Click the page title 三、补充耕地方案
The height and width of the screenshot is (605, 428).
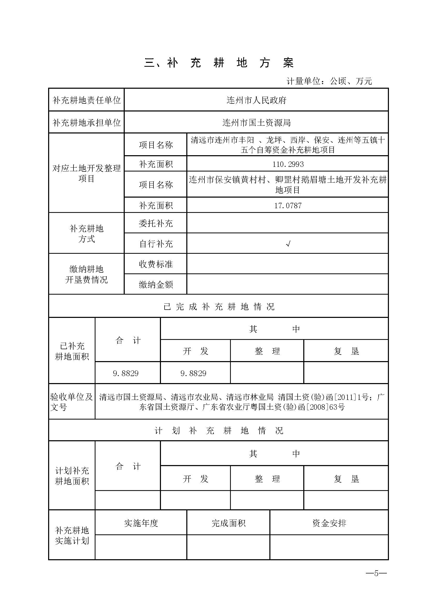tap(219, 63)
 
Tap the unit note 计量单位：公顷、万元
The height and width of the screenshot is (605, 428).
tap(329, 81)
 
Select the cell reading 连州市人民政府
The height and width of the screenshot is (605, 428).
tap(256, 100)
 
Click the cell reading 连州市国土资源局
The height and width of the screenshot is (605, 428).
tap(256, 123)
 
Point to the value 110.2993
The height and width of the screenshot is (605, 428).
tap(288, 164)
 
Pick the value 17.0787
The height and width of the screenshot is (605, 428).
tap(288, 205)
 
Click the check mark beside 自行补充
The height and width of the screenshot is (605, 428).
tap(288, 244)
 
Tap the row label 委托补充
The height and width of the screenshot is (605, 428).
tap(156, 223)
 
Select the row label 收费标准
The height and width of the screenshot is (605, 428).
tap(156, 264)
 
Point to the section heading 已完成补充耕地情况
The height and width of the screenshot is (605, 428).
tap(219, 307)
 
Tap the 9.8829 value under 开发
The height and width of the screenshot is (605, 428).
tap(193, 373)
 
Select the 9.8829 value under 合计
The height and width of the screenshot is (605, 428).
tap(126, 373)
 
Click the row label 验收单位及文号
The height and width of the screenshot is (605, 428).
tap(71, 402)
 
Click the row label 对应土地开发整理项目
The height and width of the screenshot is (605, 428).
tap(86, 173)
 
